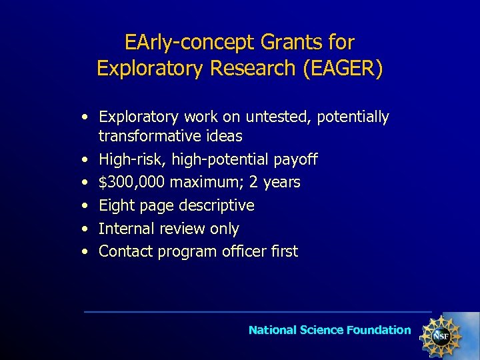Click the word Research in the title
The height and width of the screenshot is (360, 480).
click(257, 69)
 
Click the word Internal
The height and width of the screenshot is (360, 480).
click(127, 229)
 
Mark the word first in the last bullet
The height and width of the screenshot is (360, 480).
click(285, 252)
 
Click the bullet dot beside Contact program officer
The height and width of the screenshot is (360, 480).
click(85, 252)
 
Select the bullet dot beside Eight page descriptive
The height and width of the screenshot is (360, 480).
click(85, 205)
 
